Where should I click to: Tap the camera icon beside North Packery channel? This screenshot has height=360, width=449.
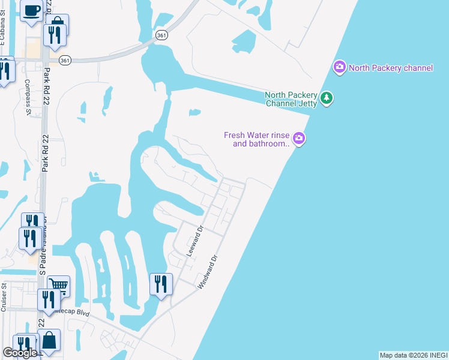[x=339, y=67]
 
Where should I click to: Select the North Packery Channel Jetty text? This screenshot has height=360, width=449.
[x=292, y=98]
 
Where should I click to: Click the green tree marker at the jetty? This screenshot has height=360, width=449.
[x=326, y=98]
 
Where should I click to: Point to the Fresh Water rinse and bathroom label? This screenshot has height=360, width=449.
[x=257, y=139]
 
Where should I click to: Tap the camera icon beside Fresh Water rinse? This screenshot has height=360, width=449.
[x=300, y=139]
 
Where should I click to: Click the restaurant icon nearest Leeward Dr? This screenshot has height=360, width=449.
[x=161, y=283]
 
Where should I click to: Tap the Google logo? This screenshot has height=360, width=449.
[x=20, y=353]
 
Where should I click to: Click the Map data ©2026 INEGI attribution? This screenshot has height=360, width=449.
[x=414, y=355]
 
